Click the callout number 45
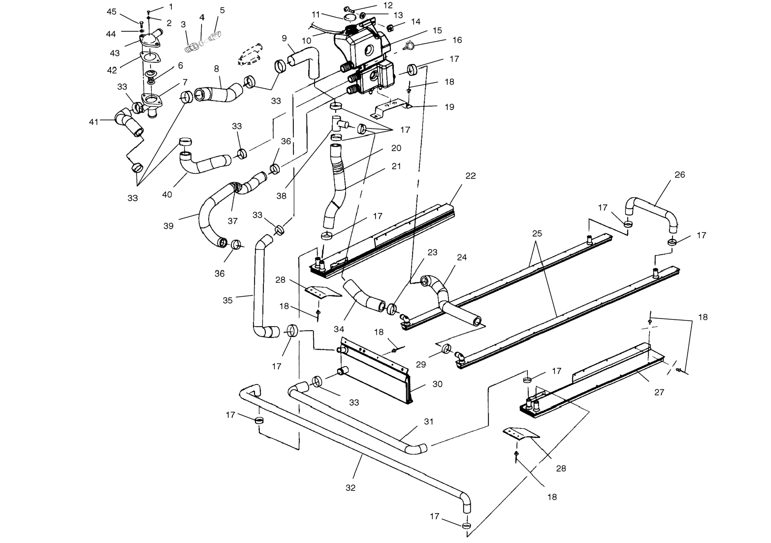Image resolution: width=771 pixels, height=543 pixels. click(x=111, y=12)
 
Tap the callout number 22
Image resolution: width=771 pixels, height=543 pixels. click(x=470, y=176)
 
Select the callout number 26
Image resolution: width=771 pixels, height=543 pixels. click(x=680, y=175)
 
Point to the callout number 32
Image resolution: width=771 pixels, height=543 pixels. click(x=351, y=488)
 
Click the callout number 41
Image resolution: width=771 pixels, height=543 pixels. click(x=94, y=122)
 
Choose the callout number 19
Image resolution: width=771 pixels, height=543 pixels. click(x=449, y=107)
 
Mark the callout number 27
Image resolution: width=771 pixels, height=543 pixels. click(x=659, y=392)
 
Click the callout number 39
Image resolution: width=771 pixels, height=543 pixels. click(x=168, y=226)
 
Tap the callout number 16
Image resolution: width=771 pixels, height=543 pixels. click(x=457, y=40)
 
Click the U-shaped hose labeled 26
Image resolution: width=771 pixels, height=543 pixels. click(x=651, y=214)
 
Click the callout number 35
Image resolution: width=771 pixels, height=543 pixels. click(x=228, y=300)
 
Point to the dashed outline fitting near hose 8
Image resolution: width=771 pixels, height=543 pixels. click(x=250, y=54)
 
